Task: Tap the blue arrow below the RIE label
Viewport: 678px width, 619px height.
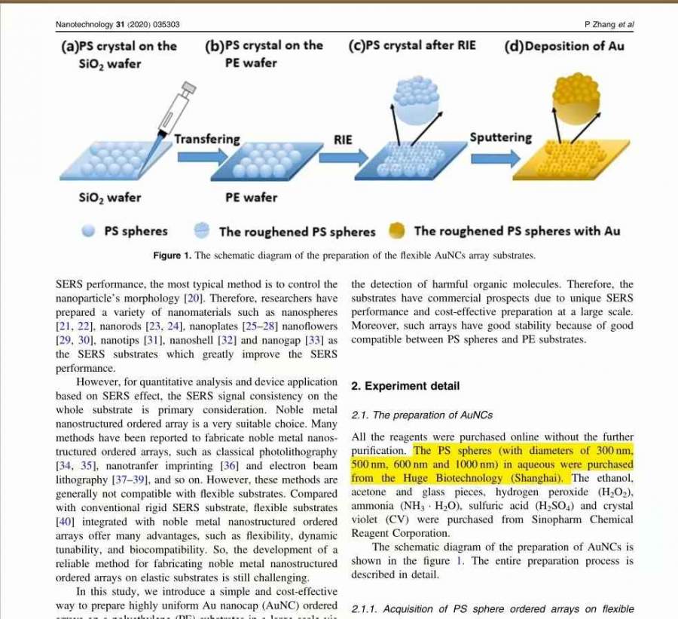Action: (344, 157)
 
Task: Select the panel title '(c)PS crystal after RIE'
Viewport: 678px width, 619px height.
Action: (412, 45)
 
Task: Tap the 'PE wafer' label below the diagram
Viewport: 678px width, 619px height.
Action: (251, 198)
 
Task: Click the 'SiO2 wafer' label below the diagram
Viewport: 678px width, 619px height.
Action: (110, 198)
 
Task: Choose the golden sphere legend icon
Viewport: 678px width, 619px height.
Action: (399, 231)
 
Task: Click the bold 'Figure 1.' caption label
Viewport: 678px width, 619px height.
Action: (172, 256)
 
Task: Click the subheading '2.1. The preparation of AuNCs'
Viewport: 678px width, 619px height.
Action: (422, 415)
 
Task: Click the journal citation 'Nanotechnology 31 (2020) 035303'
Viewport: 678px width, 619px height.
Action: (118, 24)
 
